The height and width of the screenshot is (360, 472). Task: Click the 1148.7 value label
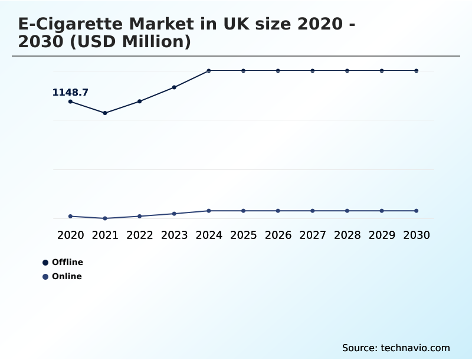(x=70, y=92)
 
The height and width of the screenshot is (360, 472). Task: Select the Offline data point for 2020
(x=70, y=102)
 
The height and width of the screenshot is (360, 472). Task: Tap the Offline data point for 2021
(x=105, y=113)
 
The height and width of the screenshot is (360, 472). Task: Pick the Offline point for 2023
(x=174, y=87)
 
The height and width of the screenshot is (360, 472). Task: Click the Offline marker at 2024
(x=209, y=71)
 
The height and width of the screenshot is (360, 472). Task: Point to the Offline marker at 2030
(x=417, y=71)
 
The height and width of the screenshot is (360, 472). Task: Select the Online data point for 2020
(x=70, y=216)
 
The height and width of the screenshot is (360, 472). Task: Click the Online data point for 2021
(x=105, y=218)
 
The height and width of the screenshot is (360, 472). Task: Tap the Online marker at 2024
(x=209, y=211)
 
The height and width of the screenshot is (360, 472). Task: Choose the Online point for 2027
(x=313, y=211)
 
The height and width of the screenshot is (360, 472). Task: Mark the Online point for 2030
(x=417, y=211)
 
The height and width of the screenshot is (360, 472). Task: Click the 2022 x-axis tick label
(x=140, y=235)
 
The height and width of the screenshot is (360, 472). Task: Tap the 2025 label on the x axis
(x=243, y=235)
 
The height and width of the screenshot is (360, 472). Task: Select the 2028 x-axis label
(x=347, y=235)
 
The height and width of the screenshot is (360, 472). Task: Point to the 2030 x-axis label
(x=417, y=235)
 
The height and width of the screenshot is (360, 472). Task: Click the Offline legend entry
(x=63, y=262)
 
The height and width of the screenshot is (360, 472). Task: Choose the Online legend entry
(x=63, y=276)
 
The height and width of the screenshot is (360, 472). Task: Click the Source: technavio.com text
(x=396, y=348)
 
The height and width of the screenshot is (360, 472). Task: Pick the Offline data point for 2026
(x=278, y=71)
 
